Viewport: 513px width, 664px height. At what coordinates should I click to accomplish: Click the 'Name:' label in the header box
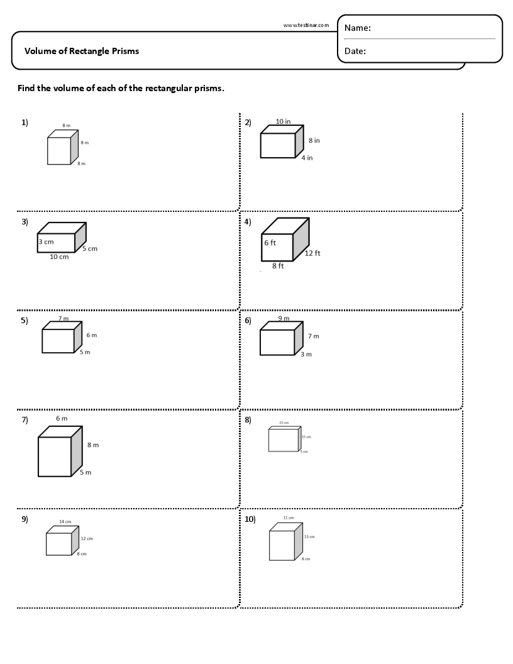coord(357,28)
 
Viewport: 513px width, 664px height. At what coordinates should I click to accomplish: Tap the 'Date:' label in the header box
coord(355,52)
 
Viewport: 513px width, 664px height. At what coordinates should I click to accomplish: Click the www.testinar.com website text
coord(306,25)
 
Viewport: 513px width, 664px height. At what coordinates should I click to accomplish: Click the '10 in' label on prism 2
coord(283,121)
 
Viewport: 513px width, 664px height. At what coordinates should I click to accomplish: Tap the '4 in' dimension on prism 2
coord(307,158)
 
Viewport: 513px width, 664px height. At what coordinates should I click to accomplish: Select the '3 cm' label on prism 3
coord(46,242)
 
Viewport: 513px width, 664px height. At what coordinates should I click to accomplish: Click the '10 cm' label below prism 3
coord(59,257)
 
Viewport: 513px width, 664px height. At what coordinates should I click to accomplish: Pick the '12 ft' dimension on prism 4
coord(312,253)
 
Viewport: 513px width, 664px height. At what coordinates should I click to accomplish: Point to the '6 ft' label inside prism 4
coord(270,243)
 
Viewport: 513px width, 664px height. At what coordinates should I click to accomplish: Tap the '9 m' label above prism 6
coord(284,319)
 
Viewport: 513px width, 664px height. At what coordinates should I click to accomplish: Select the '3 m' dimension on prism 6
coord(306,355)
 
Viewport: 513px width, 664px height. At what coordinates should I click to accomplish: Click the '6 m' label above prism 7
coord(62,419)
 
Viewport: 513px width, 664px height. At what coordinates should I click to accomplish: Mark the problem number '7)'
coord(25,420)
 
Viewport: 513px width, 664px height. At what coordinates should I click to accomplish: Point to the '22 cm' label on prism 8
coord(284,423)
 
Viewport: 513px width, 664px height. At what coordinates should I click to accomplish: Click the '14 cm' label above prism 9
coord(65,522)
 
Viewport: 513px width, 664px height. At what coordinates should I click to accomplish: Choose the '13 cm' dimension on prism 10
coord(309,537)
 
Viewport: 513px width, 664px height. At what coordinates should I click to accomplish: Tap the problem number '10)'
coord(250,519)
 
